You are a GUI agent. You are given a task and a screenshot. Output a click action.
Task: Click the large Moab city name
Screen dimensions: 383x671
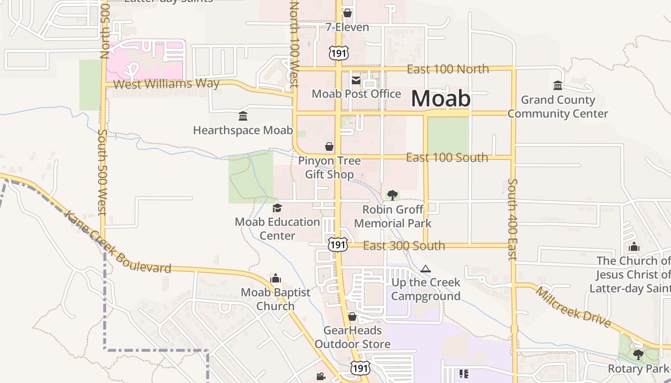(x=440, y=99)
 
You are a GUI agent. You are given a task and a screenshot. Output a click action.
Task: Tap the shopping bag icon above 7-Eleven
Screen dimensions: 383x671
(x=347, y=13)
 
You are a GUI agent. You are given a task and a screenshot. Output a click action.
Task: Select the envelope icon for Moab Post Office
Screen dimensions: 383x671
(x=356, y=80)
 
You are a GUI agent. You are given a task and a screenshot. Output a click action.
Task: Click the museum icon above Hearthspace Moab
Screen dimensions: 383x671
(x=243, y=116)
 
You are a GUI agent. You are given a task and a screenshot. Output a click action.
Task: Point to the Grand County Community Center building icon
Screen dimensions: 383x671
(x=558, y=86)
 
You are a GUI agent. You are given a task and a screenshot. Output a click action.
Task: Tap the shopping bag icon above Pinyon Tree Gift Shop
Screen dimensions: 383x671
(x=329, y=146)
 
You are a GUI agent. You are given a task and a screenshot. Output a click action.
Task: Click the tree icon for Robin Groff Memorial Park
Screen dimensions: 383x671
(x=393, y=195)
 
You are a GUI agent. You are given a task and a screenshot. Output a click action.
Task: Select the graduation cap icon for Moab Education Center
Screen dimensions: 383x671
(x=277, y=208)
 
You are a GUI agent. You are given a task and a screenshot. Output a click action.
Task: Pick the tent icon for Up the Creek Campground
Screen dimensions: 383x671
(x=426, y=269)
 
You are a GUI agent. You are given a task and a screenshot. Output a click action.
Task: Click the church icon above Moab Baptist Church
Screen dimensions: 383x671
(x=276, y=278)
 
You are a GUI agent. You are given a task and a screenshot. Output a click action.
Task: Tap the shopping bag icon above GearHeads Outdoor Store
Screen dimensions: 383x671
(x=352, y=316)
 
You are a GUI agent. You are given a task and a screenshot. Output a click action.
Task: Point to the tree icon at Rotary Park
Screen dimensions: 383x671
(x=638, y=355)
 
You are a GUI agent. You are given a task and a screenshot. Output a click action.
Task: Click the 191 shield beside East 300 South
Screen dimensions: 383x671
(x=337, y=245)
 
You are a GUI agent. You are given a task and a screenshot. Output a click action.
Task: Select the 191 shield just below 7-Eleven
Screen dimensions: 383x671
(x=339, y=53)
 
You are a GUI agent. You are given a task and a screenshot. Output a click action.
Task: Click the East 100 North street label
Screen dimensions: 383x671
(x=448, y=69)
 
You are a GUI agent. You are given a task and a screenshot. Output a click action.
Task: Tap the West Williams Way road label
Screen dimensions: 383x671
(x=167, y=84)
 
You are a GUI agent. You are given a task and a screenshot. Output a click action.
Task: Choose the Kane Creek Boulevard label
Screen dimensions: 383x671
(x=117, y=242)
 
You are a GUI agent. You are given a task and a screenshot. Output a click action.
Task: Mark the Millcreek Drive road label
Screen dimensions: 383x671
(x=573, y=307)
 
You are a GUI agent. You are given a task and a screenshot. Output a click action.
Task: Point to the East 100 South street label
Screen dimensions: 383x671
(x=447, y=158)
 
